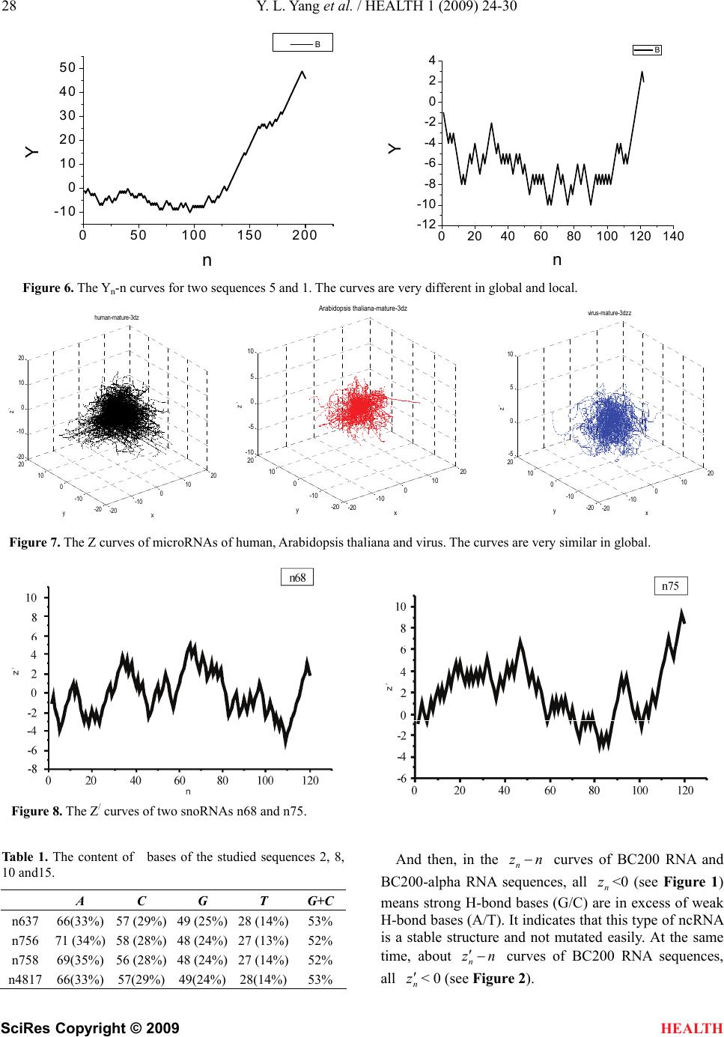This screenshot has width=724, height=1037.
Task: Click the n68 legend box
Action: tap(296, 577)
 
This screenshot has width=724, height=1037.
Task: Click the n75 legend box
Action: tap(670, 586)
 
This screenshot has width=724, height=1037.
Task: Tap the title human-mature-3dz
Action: tap(117, 317)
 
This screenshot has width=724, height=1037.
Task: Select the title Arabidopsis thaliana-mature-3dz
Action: tap(362, 308)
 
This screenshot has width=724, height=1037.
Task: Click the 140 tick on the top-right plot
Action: tap(674, 237)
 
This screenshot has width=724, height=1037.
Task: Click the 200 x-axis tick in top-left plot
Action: tap(305, 236)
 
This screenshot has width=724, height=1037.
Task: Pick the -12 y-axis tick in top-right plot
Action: tap(427, 225)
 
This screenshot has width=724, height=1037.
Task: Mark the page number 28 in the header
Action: tap(10, 9)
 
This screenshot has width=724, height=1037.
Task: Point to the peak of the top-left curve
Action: tap(302, 72)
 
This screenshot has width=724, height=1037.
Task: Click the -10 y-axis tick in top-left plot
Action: tap(65, 211)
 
